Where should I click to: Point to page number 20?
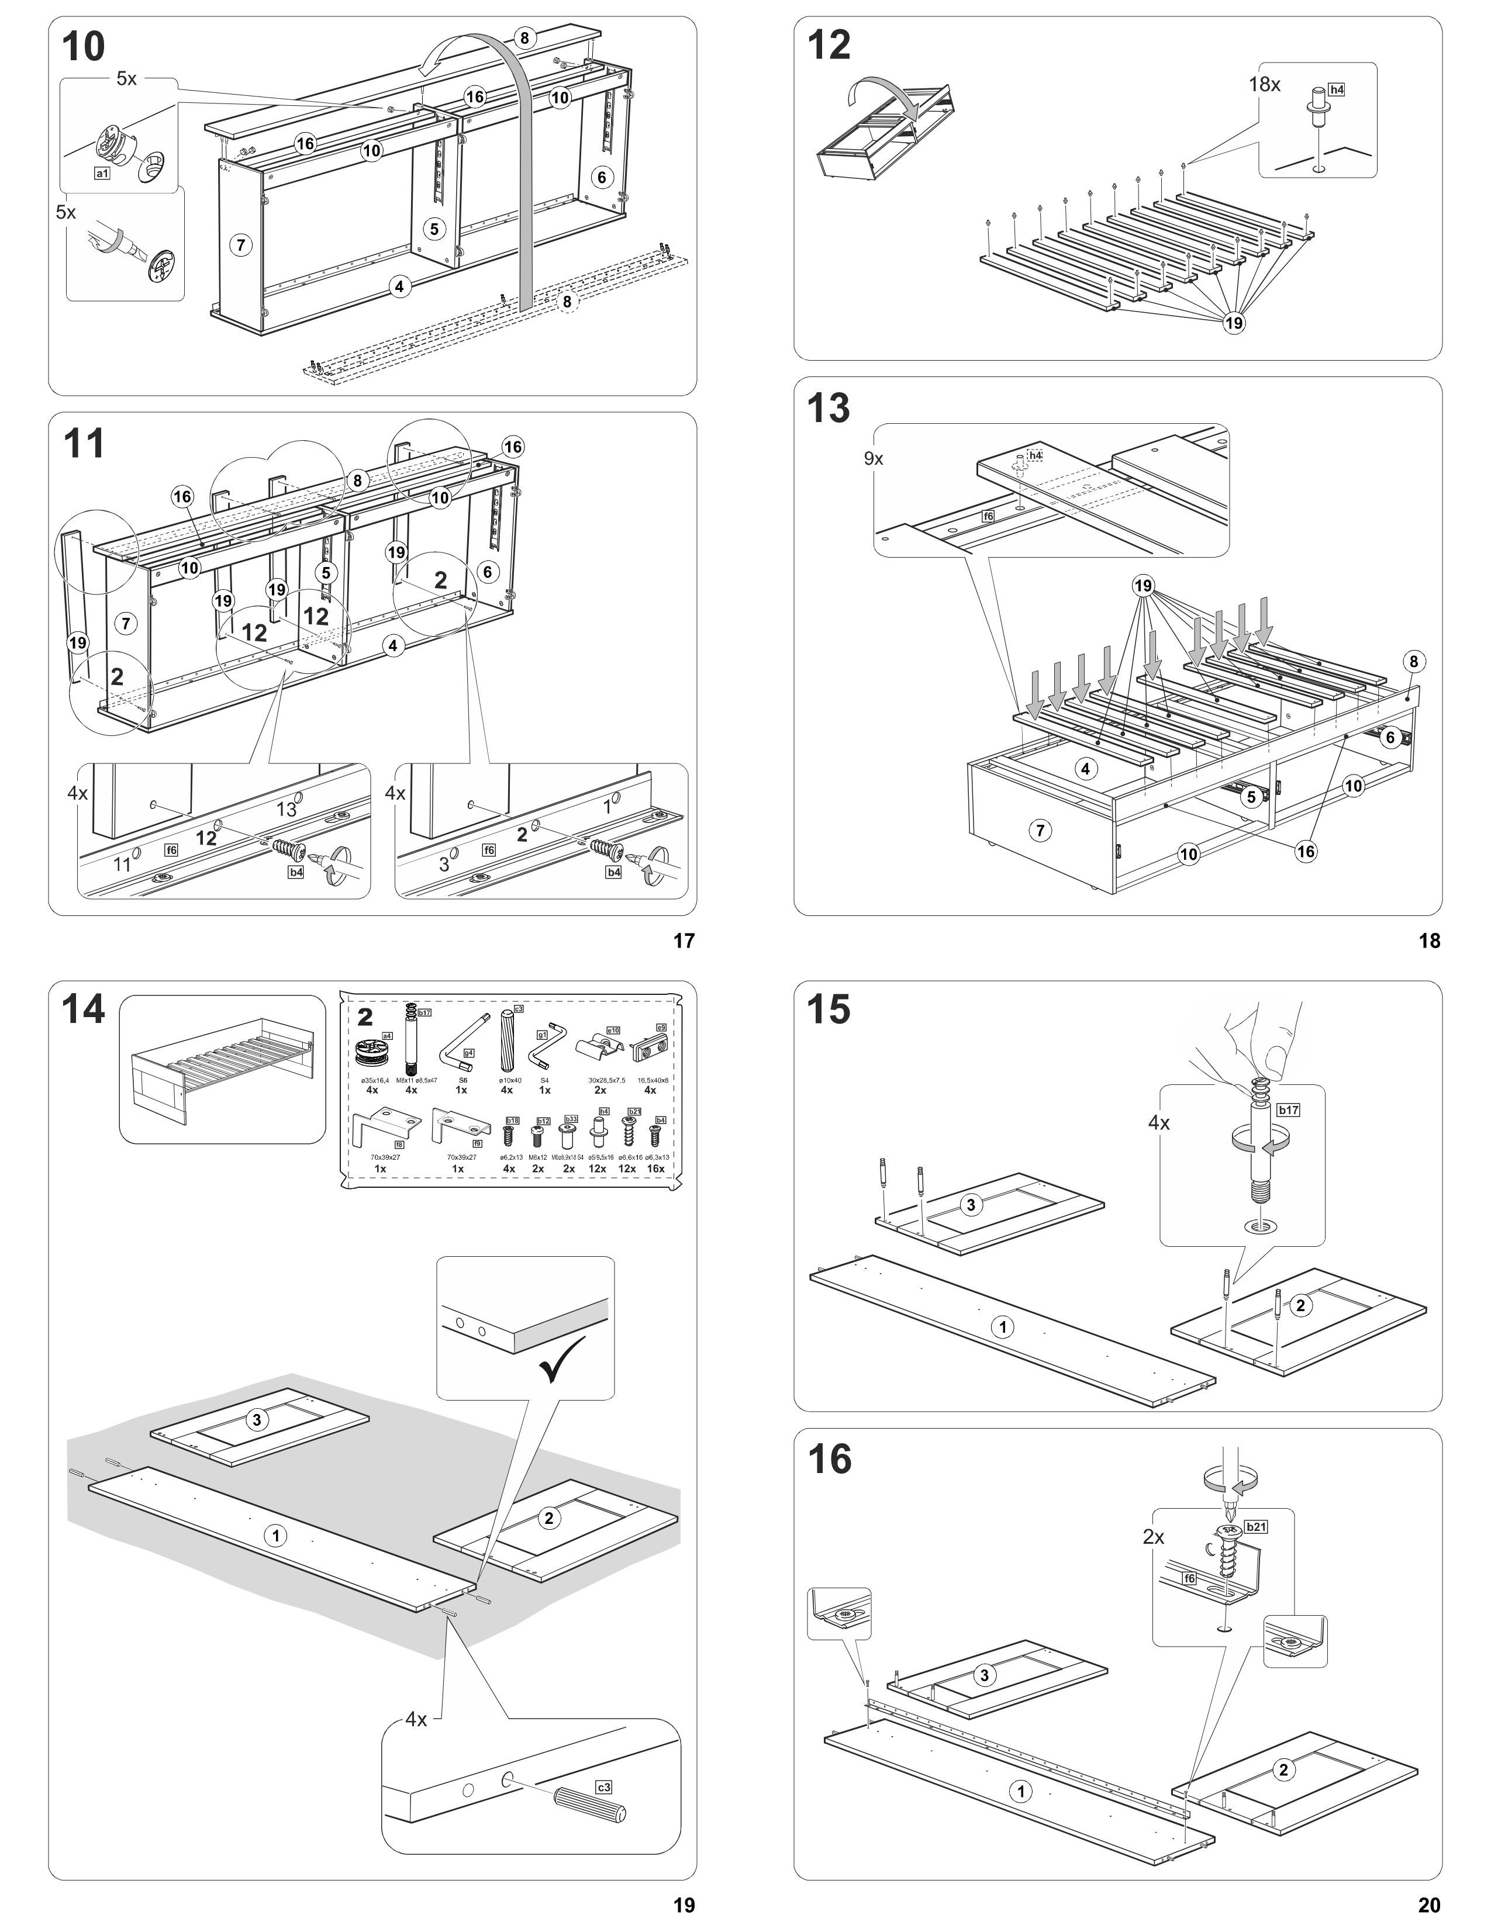click(1429, 1906)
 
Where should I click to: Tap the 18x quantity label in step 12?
click(1264, 85)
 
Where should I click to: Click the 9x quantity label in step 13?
click(874, 458)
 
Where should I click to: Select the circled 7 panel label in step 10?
click(241, 245)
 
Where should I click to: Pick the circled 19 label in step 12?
click(1234, 323)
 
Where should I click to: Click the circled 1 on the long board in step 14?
click(275, 1536)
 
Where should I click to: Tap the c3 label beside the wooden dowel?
click(603, 1788)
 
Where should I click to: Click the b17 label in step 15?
click(1288, 1110)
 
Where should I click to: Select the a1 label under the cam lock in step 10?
click(102, 174)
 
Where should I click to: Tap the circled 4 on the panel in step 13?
click(1086, 769)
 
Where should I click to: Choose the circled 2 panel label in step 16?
click(1283, 1769)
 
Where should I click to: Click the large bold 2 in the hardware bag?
click(365, 1018)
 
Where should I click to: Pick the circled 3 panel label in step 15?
click(971, 1205)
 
